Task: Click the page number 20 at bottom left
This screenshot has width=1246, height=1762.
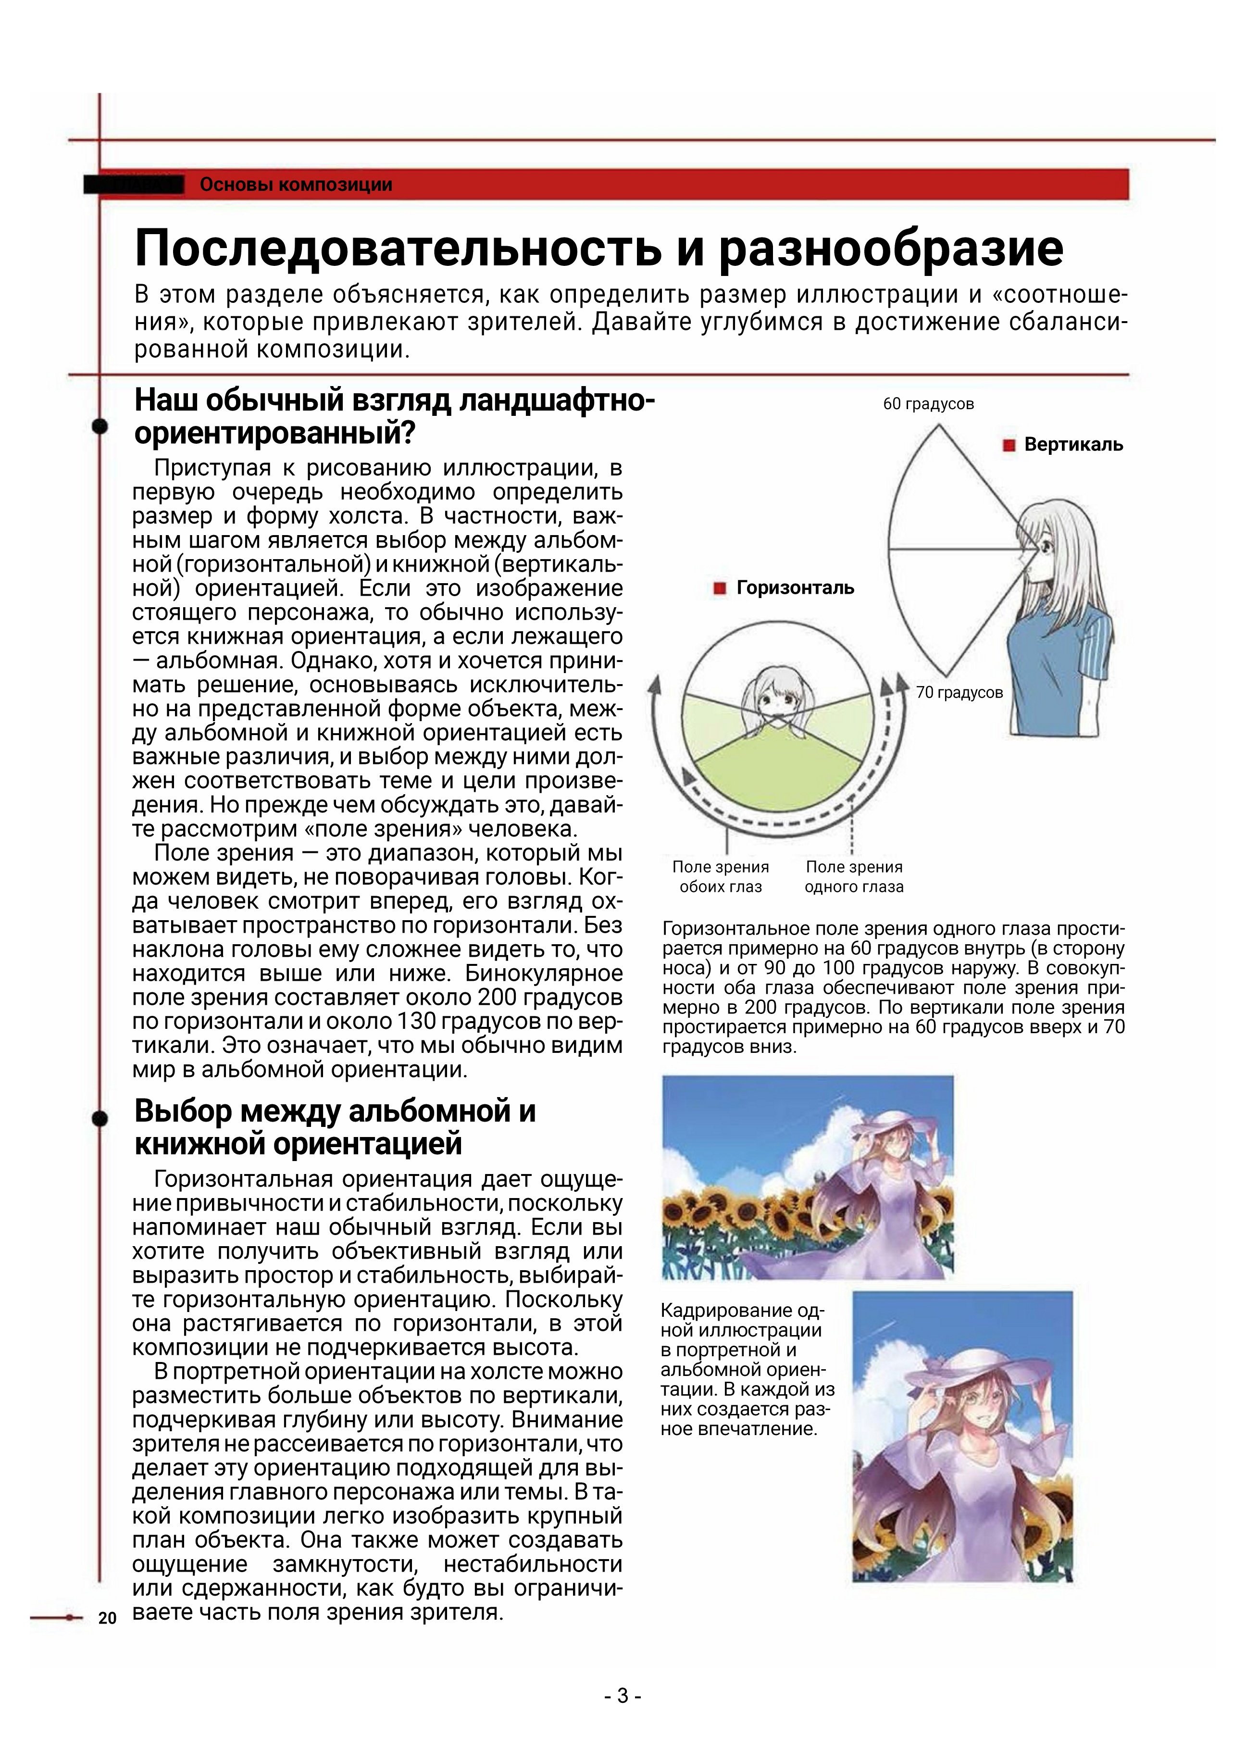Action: (107, 1618)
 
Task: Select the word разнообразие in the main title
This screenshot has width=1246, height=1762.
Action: (890, 248)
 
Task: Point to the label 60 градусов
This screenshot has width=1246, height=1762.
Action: (928, 404)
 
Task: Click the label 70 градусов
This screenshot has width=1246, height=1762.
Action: (959, 692)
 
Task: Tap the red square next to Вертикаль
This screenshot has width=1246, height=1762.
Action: (1009, 445)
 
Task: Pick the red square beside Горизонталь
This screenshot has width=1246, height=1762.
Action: (720, 588)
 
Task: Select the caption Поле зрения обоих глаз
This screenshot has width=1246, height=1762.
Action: (721, 876)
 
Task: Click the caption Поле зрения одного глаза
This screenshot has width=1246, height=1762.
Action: (854, 876)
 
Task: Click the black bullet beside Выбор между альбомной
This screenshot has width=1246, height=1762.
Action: (100, 1118)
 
